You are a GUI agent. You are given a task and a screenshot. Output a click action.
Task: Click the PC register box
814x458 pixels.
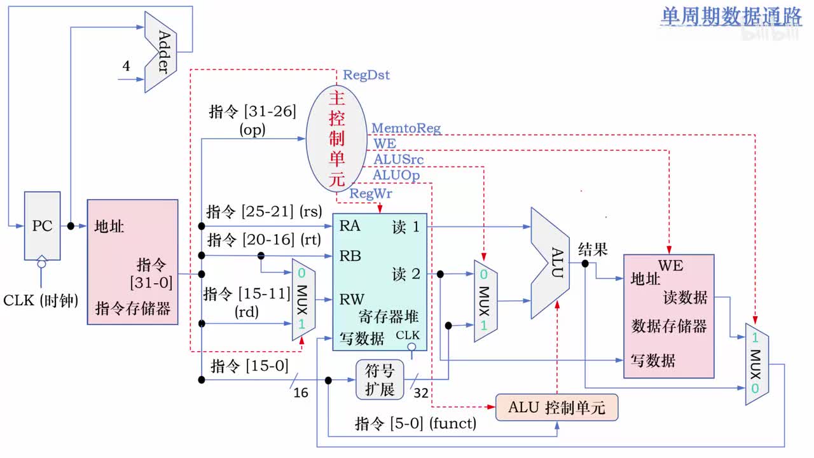click(x=42, y=225)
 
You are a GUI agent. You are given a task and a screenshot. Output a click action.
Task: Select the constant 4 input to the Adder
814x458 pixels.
click(x=126, y=66)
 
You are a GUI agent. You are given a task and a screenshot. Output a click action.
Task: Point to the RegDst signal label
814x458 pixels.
click(x=366, y=75)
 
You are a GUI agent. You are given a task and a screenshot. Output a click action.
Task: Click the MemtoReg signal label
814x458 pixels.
click(x=406, y=129)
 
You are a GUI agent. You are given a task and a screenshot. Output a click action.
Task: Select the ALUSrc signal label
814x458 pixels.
click(x=398, y=159)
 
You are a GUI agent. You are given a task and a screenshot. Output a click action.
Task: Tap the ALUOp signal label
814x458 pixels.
click(x=396, y=174)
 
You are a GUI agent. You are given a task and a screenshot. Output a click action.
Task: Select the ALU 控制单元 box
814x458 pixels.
click(x=556, y=407)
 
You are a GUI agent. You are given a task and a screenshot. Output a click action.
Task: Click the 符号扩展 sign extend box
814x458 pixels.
click(x=380, y=380)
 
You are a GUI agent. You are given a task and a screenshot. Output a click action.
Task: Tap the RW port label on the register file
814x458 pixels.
click(x=352, y=299)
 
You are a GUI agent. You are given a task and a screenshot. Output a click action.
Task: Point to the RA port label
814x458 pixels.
click(x=350, y=225)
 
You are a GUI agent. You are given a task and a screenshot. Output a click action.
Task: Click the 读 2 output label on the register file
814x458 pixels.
click(x=406, y=274)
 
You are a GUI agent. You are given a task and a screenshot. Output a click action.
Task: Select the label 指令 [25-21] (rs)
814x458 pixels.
click(x=263, y=211)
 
